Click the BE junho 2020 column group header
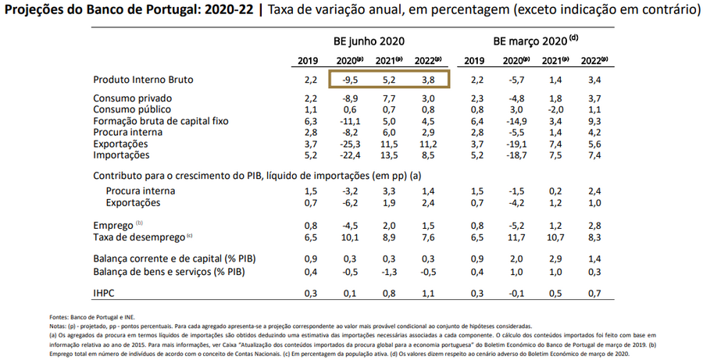coord(371,41)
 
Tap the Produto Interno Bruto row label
coord(143,80)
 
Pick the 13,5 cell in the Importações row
coord(388,156)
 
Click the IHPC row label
coord(105,293)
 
